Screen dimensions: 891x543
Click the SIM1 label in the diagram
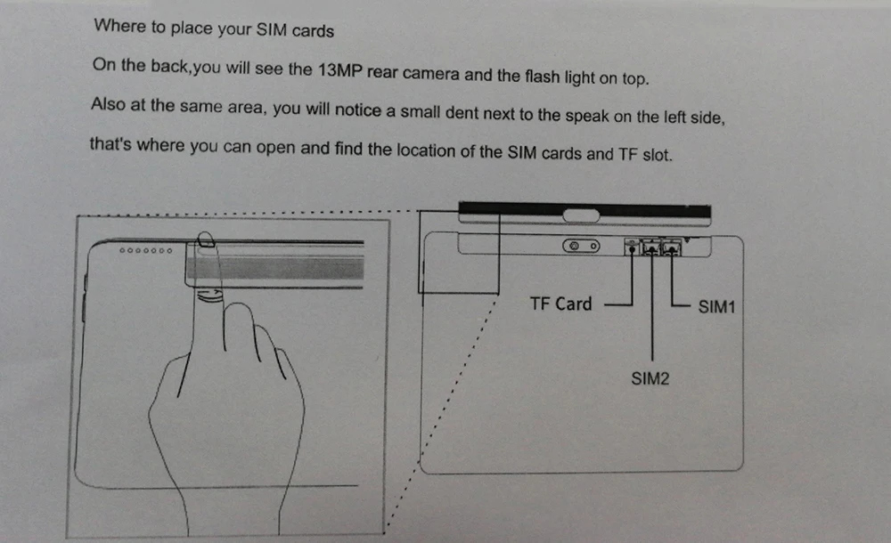pos(716,307)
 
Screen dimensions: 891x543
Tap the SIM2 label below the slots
pos(650,378)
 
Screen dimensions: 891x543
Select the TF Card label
pos(560,304)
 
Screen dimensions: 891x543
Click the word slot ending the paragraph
pos(657,155)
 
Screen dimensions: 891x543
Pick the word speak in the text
pos(587,117)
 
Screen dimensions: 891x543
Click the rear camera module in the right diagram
pos(581,246)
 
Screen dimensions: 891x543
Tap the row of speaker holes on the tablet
pos(145,250)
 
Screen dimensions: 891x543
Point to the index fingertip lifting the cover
pos(206,239)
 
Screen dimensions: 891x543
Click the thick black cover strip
pos(584,211)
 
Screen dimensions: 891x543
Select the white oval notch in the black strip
pos(581,215)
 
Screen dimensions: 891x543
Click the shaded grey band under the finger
pos(275,268)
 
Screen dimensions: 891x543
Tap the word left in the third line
pos(674,117)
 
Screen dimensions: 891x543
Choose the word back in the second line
pos(169,66)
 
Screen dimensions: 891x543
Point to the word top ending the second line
pos(635,78)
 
